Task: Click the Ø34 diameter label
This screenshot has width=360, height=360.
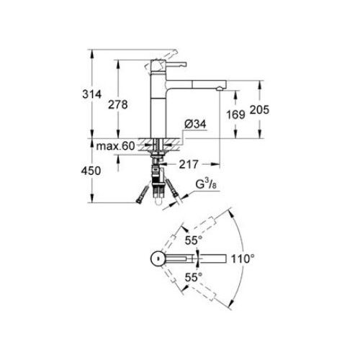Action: (x=197, y=125)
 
